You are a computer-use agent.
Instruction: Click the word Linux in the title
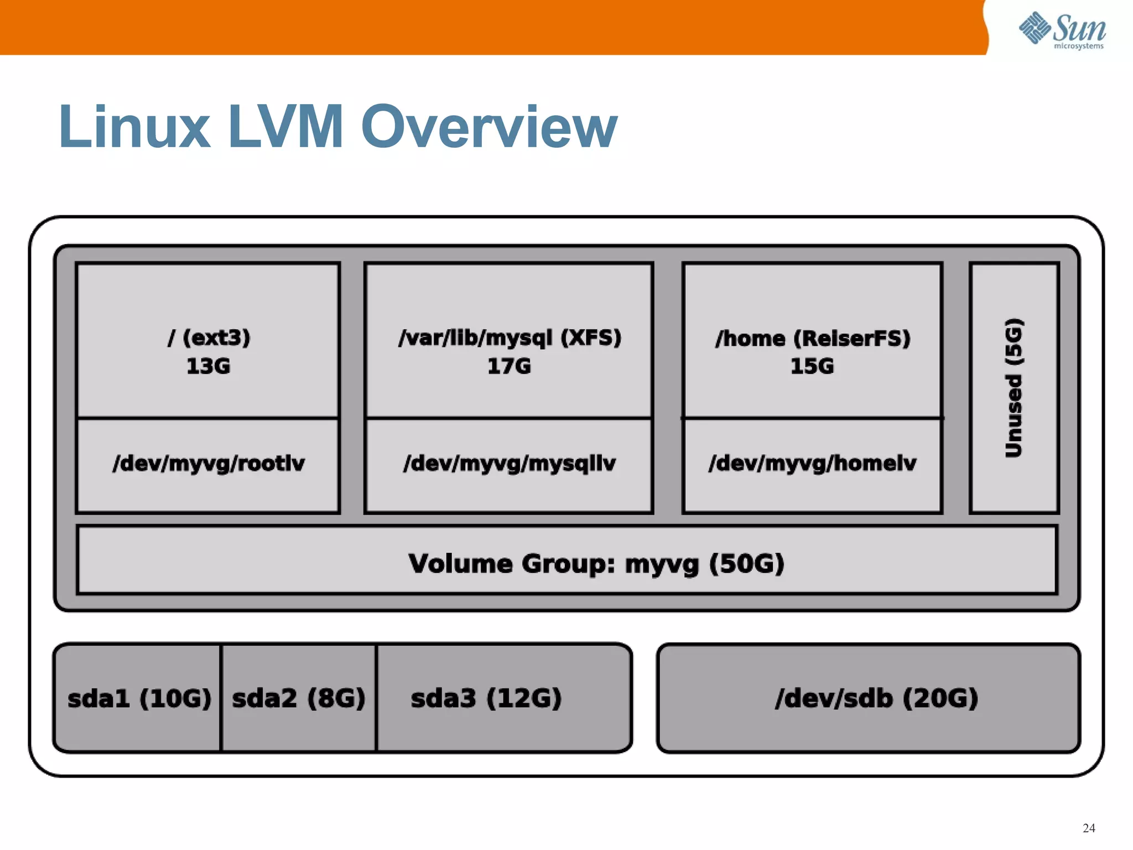click(134, 127)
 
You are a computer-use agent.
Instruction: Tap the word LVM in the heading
click(285, 127)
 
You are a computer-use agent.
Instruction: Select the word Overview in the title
click(489, 127)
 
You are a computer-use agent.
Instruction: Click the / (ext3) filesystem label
click(209, 338)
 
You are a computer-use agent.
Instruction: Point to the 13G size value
click(208, 366)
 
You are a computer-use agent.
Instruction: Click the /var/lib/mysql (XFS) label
click(510, 338)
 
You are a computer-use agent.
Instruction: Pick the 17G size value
click(509, 366)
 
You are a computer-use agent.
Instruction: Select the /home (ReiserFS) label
click(812, 338)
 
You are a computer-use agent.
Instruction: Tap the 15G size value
click(812, 366)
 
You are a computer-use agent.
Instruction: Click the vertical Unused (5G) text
click(1014, 388)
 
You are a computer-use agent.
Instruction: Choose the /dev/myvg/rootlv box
click(208, 464)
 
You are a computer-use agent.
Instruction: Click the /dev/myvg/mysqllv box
click(509, 464)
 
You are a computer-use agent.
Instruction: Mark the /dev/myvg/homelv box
click(812, 464)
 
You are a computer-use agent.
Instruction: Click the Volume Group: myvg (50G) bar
click(596, 564)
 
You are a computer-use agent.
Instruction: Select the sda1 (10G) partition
click(139, 698)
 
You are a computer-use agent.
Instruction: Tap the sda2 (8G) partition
click(299, 698)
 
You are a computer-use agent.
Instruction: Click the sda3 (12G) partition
click(486, 698)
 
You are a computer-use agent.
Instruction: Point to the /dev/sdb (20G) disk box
click(876, 698)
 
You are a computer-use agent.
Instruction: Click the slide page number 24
click(1089, 828)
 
